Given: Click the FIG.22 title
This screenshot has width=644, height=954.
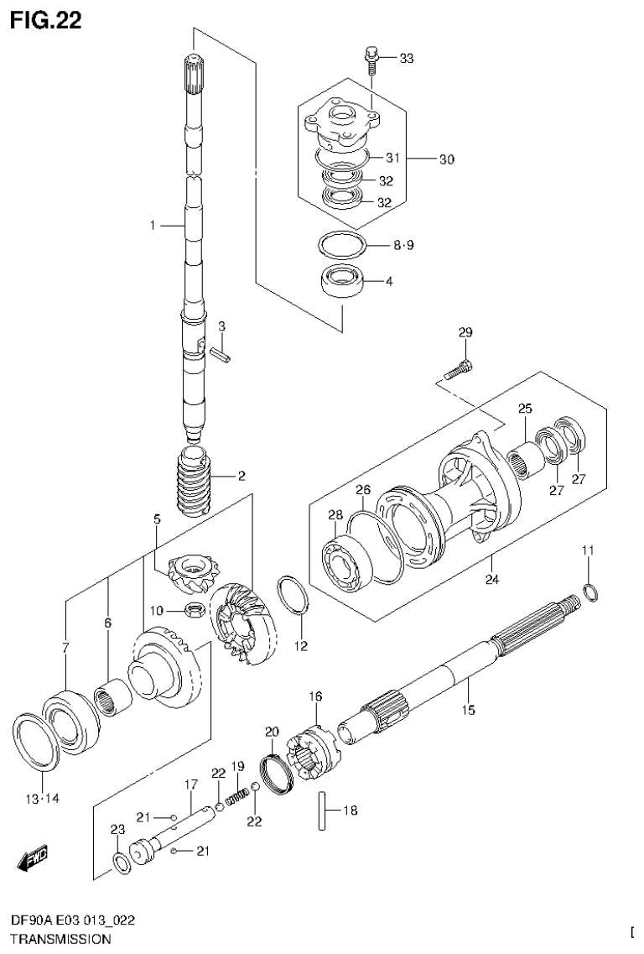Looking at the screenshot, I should pos(46,20).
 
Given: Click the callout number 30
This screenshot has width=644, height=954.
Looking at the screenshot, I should pos(446,159).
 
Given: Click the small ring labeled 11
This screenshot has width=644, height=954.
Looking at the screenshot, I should pos(589,592).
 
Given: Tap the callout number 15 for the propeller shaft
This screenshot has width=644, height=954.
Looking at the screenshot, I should pos(467,710).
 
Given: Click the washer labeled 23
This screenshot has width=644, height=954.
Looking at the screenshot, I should pos(121,862).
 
